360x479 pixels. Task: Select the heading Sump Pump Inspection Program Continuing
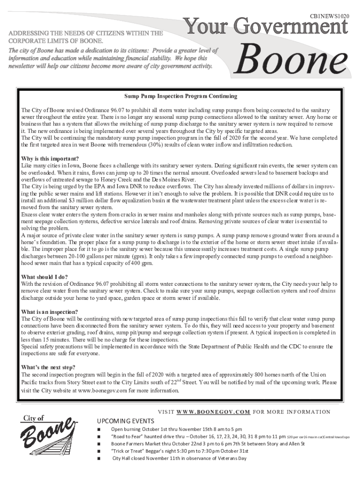pos(180,96)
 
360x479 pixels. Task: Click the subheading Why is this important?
pos(50,158)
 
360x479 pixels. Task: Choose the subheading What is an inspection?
pos(50,312)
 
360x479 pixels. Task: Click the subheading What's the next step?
pos(49,367)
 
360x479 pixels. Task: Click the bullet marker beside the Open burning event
pos(99,429)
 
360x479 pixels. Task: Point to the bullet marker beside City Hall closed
pos(99,458)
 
